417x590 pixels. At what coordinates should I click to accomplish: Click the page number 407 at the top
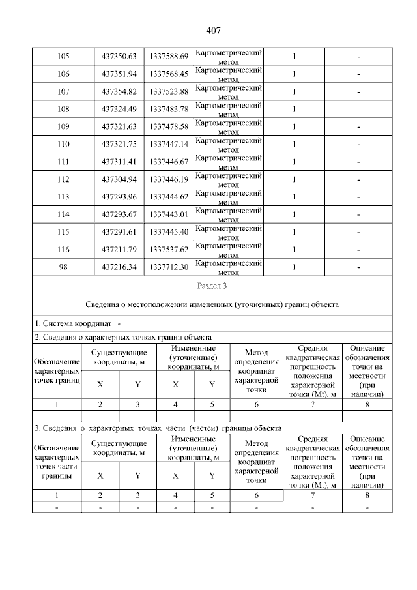[x=213, y=31]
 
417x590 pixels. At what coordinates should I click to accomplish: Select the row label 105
[x=63, y=56]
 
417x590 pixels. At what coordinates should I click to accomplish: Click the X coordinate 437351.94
[x=119, y=74]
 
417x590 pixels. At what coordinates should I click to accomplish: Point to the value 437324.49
[x=119, y=109]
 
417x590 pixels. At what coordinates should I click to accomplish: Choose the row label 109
[x=63, y=126]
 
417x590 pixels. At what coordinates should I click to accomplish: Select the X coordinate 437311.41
[x=119, y=162]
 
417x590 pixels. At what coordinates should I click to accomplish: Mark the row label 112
[x=63, y=179]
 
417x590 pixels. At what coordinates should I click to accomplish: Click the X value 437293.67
[x=119, y=214]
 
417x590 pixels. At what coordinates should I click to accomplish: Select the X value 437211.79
[x=119, y=250]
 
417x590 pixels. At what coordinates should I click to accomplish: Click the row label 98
[x=63, y=267]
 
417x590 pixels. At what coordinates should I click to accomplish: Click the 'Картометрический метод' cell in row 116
[x=229, y=250]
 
